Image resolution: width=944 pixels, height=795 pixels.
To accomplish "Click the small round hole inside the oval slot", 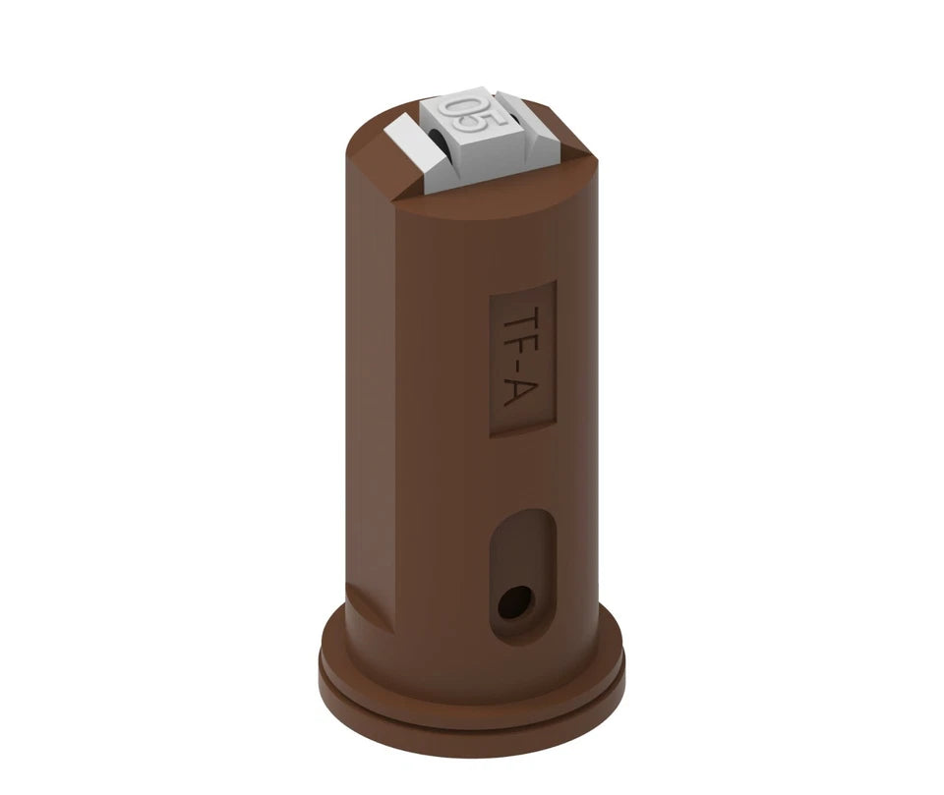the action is pyautogui.click(x=516, y=601).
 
